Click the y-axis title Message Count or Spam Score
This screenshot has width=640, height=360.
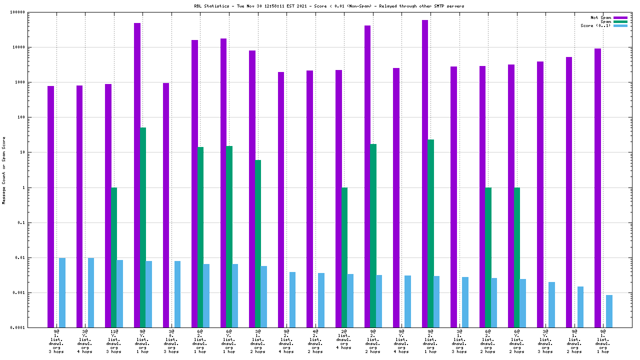point(4,170)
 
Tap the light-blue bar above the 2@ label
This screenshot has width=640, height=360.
point(350,300)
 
